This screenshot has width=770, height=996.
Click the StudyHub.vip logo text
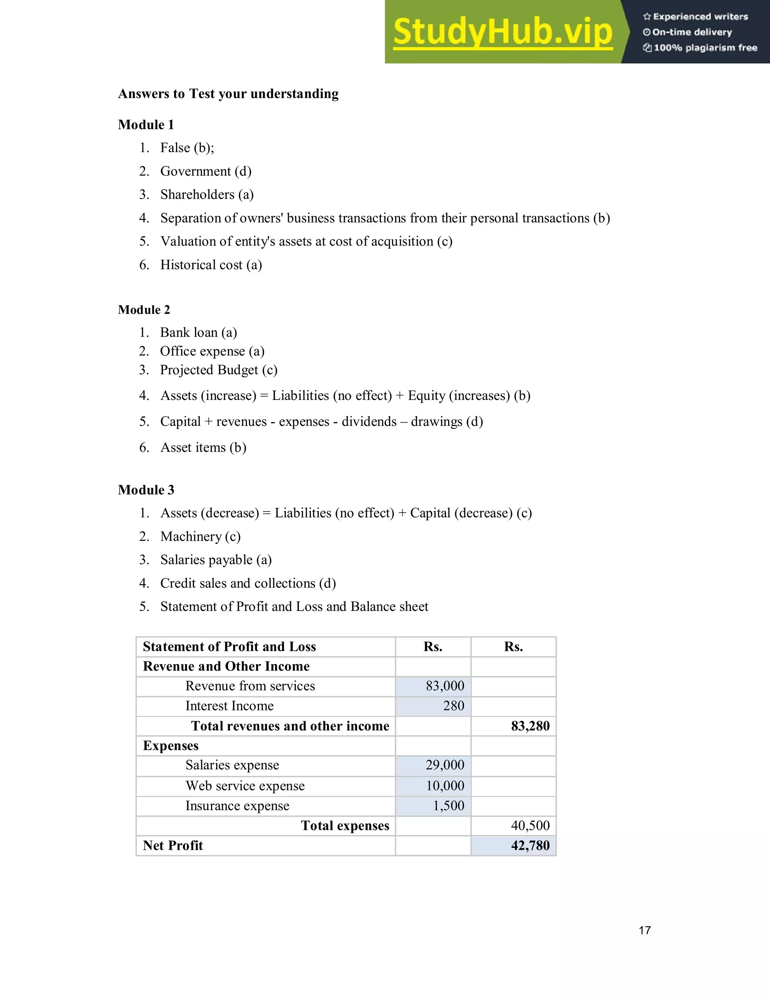502,32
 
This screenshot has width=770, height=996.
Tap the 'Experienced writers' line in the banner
696,17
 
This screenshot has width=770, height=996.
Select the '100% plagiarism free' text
700,48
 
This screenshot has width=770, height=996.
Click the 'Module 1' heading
146,124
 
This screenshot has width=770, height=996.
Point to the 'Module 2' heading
144,310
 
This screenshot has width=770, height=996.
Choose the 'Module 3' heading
146,490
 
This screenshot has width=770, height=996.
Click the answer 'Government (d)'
206,171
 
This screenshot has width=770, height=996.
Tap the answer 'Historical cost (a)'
211,265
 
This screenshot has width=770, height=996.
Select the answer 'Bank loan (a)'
199,333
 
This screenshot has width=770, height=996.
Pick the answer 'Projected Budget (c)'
218,370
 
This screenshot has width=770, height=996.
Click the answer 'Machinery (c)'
200,536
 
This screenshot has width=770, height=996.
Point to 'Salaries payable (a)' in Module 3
216,560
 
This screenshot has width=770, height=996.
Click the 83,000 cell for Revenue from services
445,686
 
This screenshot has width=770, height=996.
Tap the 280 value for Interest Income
453,706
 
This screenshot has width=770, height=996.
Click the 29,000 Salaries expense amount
445,765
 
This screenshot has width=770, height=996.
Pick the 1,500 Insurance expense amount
449,806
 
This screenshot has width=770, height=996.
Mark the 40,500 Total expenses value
530,825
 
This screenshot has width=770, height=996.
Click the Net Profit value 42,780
530,846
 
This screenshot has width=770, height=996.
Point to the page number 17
644,930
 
